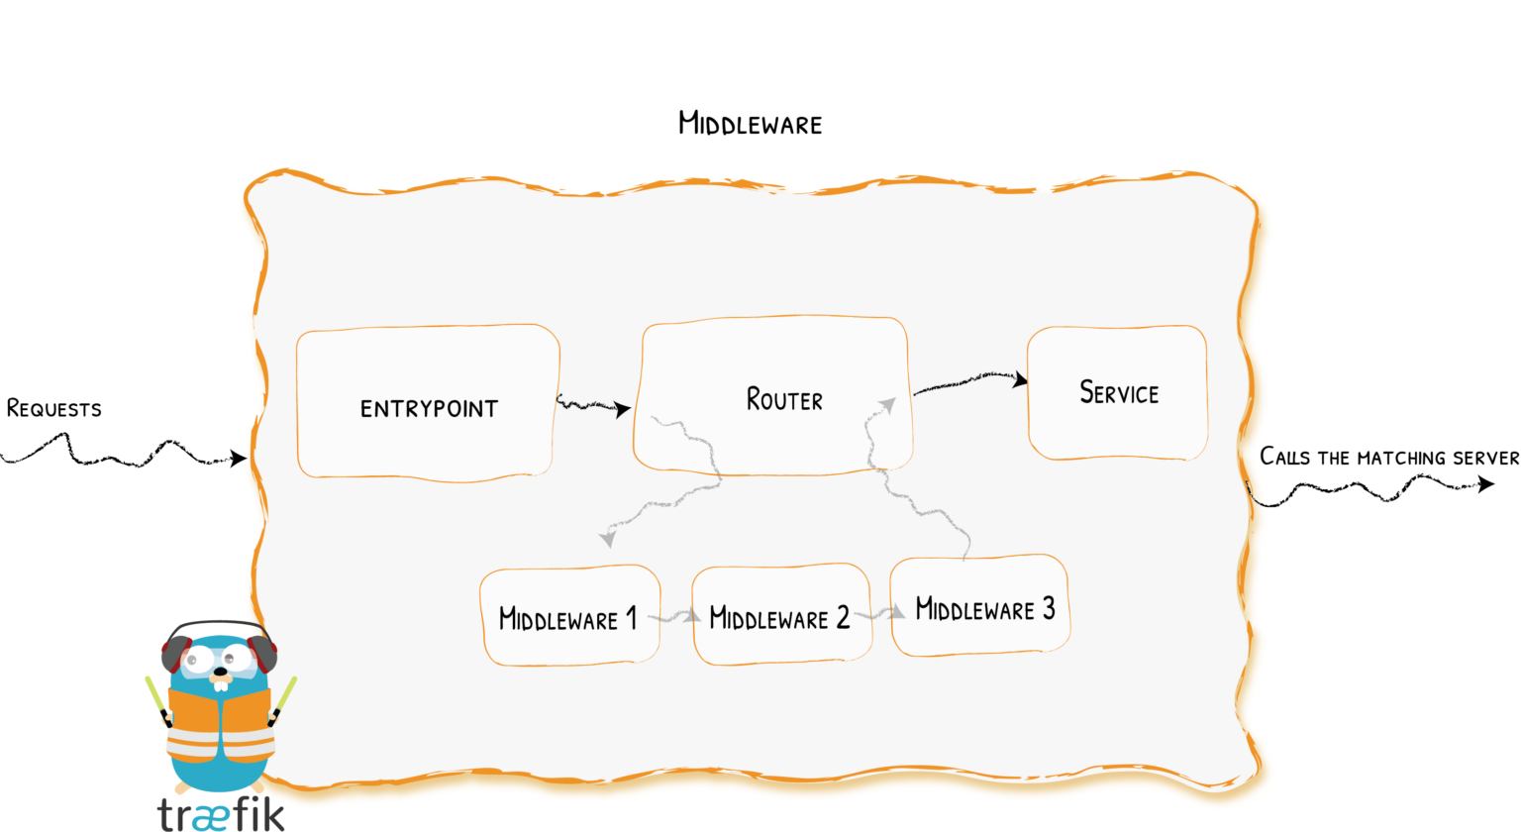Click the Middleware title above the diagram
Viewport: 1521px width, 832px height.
point(750,124)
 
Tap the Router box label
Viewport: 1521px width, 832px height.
point(784,400)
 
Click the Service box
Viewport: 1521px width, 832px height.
point(1118,393)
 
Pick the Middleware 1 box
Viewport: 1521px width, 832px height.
point(569,618)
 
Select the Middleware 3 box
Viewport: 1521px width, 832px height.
point(980,607)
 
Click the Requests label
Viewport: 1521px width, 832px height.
point(53,408)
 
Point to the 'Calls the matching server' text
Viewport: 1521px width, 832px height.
point(1388,457)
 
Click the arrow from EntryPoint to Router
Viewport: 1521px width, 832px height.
point(594,406)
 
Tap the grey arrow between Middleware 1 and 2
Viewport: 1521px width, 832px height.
point(676,617)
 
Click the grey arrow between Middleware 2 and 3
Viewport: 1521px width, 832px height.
point(881,614)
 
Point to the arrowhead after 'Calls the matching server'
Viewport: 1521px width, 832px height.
point(1485,483)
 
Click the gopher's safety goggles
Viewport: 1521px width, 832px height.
point(220,657)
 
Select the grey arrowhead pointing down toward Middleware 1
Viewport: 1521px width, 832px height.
point(607,538)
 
